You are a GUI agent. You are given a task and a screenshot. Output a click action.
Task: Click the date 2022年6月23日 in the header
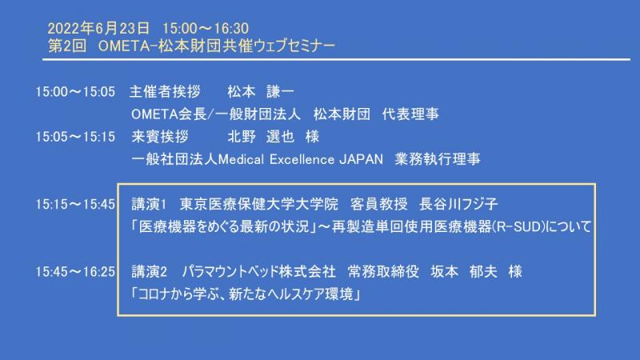[98, 28]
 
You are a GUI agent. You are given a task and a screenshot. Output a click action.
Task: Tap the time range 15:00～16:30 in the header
[206, 28]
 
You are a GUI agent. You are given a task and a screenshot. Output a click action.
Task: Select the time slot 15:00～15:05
[75, 91]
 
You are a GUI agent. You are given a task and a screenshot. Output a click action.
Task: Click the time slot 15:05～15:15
[75, 137]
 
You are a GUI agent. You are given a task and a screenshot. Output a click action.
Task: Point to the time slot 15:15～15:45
[75, 204]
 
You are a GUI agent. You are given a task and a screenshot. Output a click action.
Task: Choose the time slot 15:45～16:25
[75, 271]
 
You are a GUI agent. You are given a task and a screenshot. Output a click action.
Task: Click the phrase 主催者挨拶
[165, 91]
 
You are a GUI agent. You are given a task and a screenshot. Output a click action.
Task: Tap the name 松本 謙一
[261, 91]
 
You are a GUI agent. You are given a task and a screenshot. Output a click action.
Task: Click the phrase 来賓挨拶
[159, 137]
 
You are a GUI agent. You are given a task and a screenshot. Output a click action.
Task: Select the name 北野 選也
[261, 137]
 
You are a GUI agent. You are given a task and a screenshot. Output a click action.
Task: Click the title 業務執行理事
[438, 159]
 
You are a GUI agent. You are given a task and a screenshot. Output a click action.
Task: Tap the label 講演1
[149, 204]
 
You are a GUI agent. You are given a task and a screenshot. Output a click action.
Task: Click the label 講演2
[150, 271]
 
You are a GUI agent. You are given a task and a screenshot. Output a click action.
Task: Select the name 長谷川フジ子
[458, 204]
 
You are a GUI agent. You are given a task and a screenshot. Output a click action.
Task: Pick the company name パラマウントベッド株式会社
[259, 271]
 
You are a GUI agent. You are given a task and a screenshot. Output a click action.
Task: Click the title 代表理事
[410, 114]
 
